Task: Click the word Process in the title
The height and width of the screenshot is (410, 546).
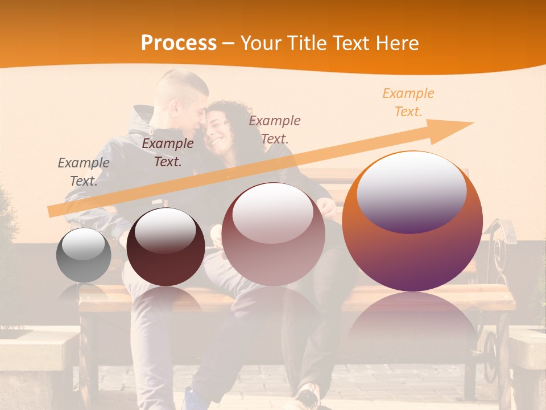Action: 179,43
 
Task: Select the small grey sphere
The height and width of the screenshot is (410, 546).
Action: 84,255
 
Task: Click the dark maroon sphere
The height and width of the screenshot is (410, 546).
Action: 166,247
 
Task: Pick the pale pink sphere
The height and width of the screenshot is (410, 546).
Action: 273,234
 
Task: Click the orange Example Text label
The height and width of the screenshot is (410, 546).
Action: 408,102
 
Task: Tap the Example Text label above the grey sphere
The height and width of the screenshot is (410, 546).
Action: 83,171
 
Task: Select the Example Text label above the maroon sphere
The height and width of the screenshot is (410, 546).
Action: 167,152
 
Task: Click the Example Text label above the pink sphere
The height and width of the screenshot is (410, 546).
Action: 275,129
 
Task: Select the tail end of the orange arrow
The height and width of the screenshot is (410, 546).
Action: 54,211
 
